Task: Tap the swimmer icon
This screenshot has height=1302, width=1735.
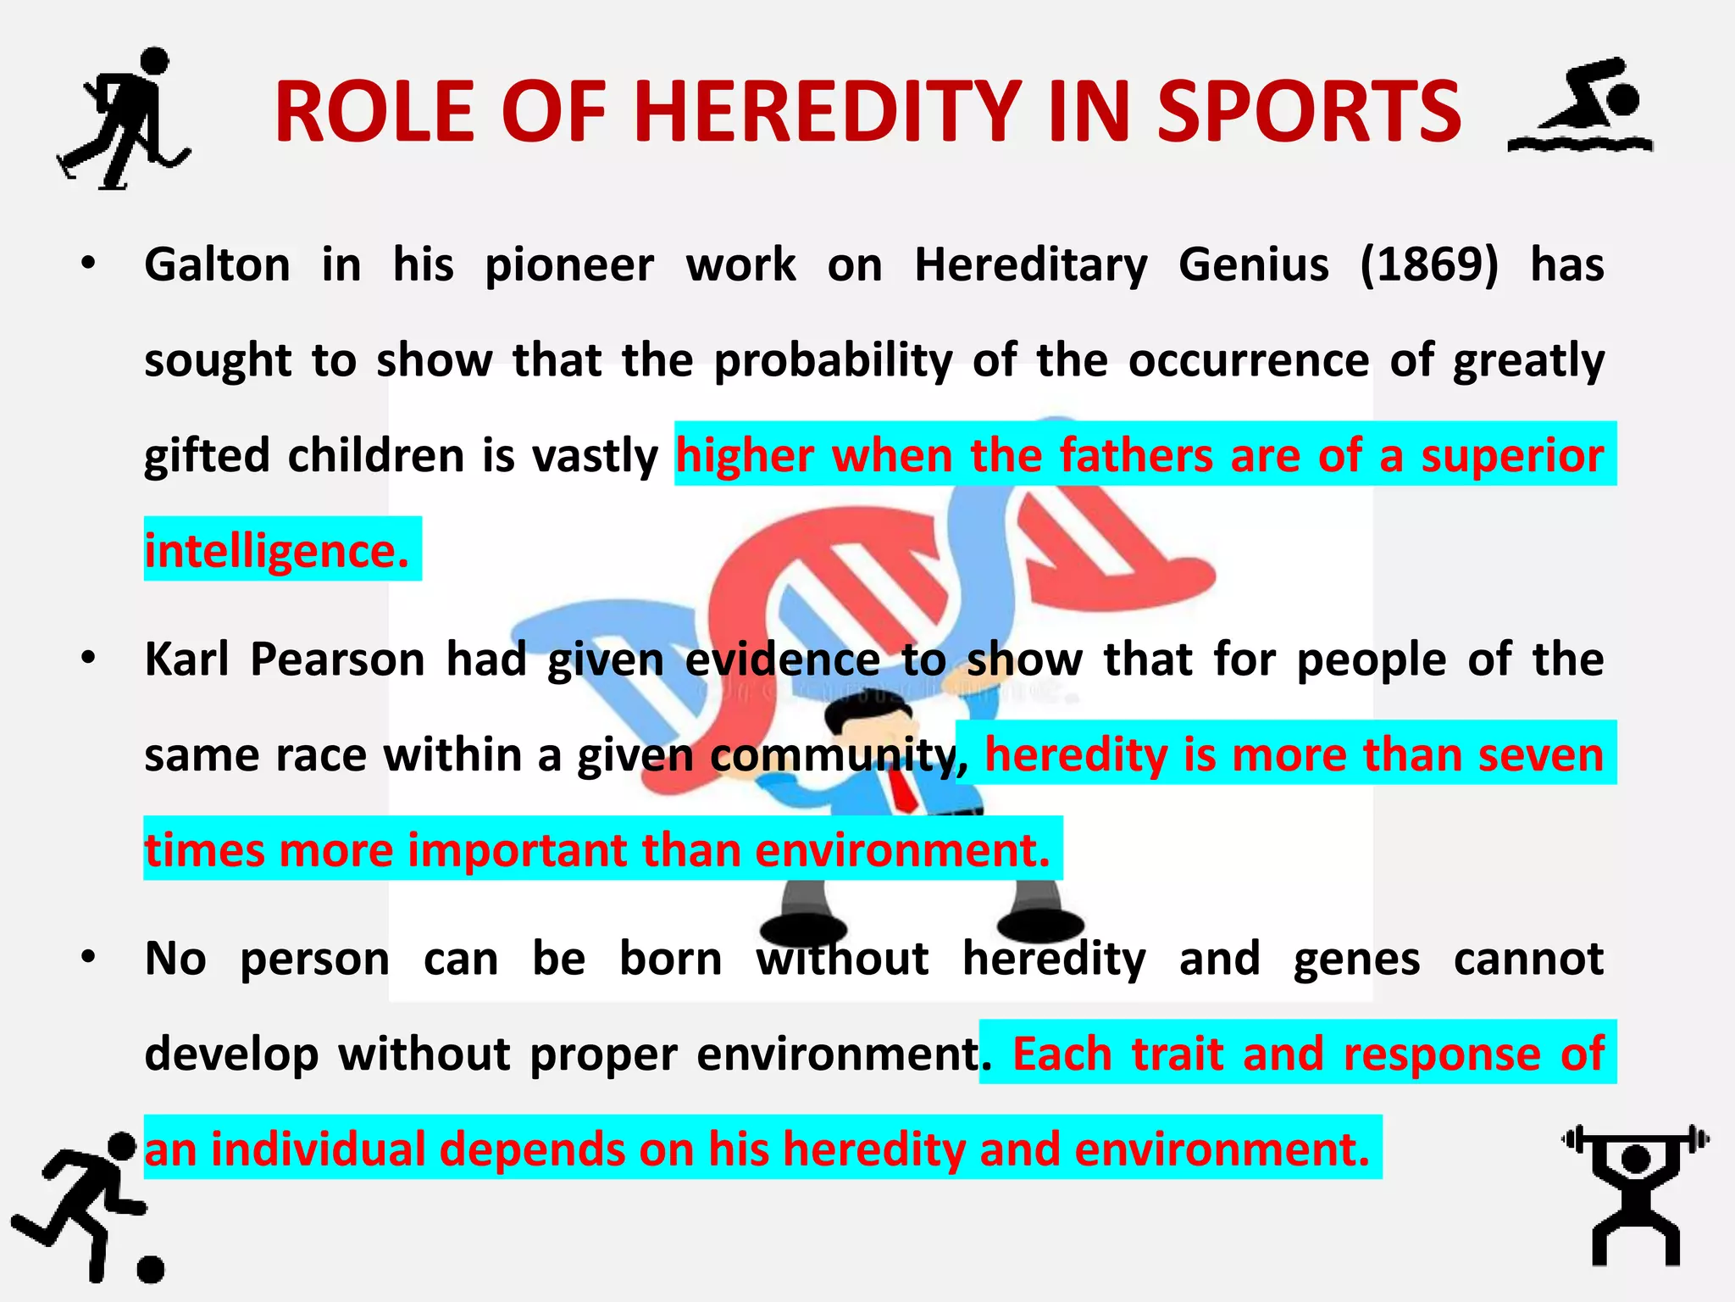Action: point(1581,106)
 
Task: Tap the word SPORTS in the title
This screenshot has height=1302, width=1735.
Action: point(1309,113)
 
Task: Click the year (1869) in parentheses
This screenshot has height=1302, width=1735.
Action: point(1429,264)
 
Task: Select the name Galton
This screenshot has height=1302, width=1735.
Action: point(217,264)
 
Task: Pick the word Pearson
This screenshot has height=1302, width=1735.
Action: point(337,659)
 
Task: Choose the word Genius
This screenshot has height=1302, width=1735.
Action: point(1253,264)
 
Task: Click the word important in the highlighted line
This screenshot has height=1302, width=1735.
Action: point(516,849)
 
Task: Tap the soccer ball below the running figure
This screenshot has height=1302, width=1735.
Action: point(150,1268)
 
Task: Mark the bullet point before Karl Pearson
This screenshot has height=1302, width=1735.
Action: point(88,659)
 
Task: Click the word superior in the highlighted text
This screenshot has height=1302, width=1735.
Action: point(1511,456)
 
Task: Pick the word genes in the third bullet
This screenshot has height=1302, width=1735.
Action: point(1355,960)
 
